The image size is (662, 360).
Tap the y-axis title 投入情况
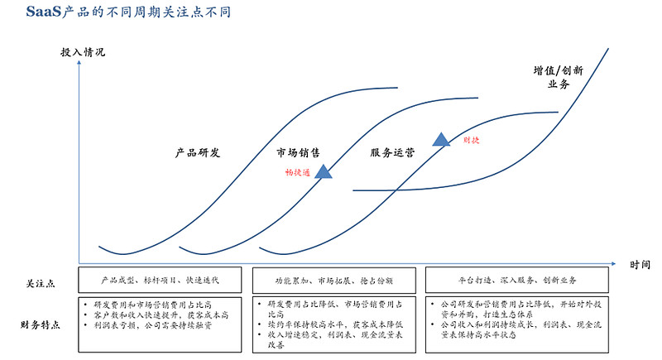tap(83, 51)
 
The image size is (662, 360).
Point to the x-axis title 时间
tap(640, 265)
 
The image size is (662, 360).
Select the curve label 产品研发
tap(198, 153)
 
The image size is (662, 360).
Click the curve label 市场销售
tap(299, 153)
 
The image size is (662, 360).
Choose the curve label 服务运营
tap(392, 153)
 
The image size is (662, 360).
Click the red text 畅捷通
tap(297, 172)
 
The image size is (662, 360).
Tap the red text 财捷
tap(472, 140)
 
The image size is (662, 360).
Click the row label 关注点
tap(41, 284)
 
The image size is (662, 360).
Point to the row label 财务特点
tap(41, 324)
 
